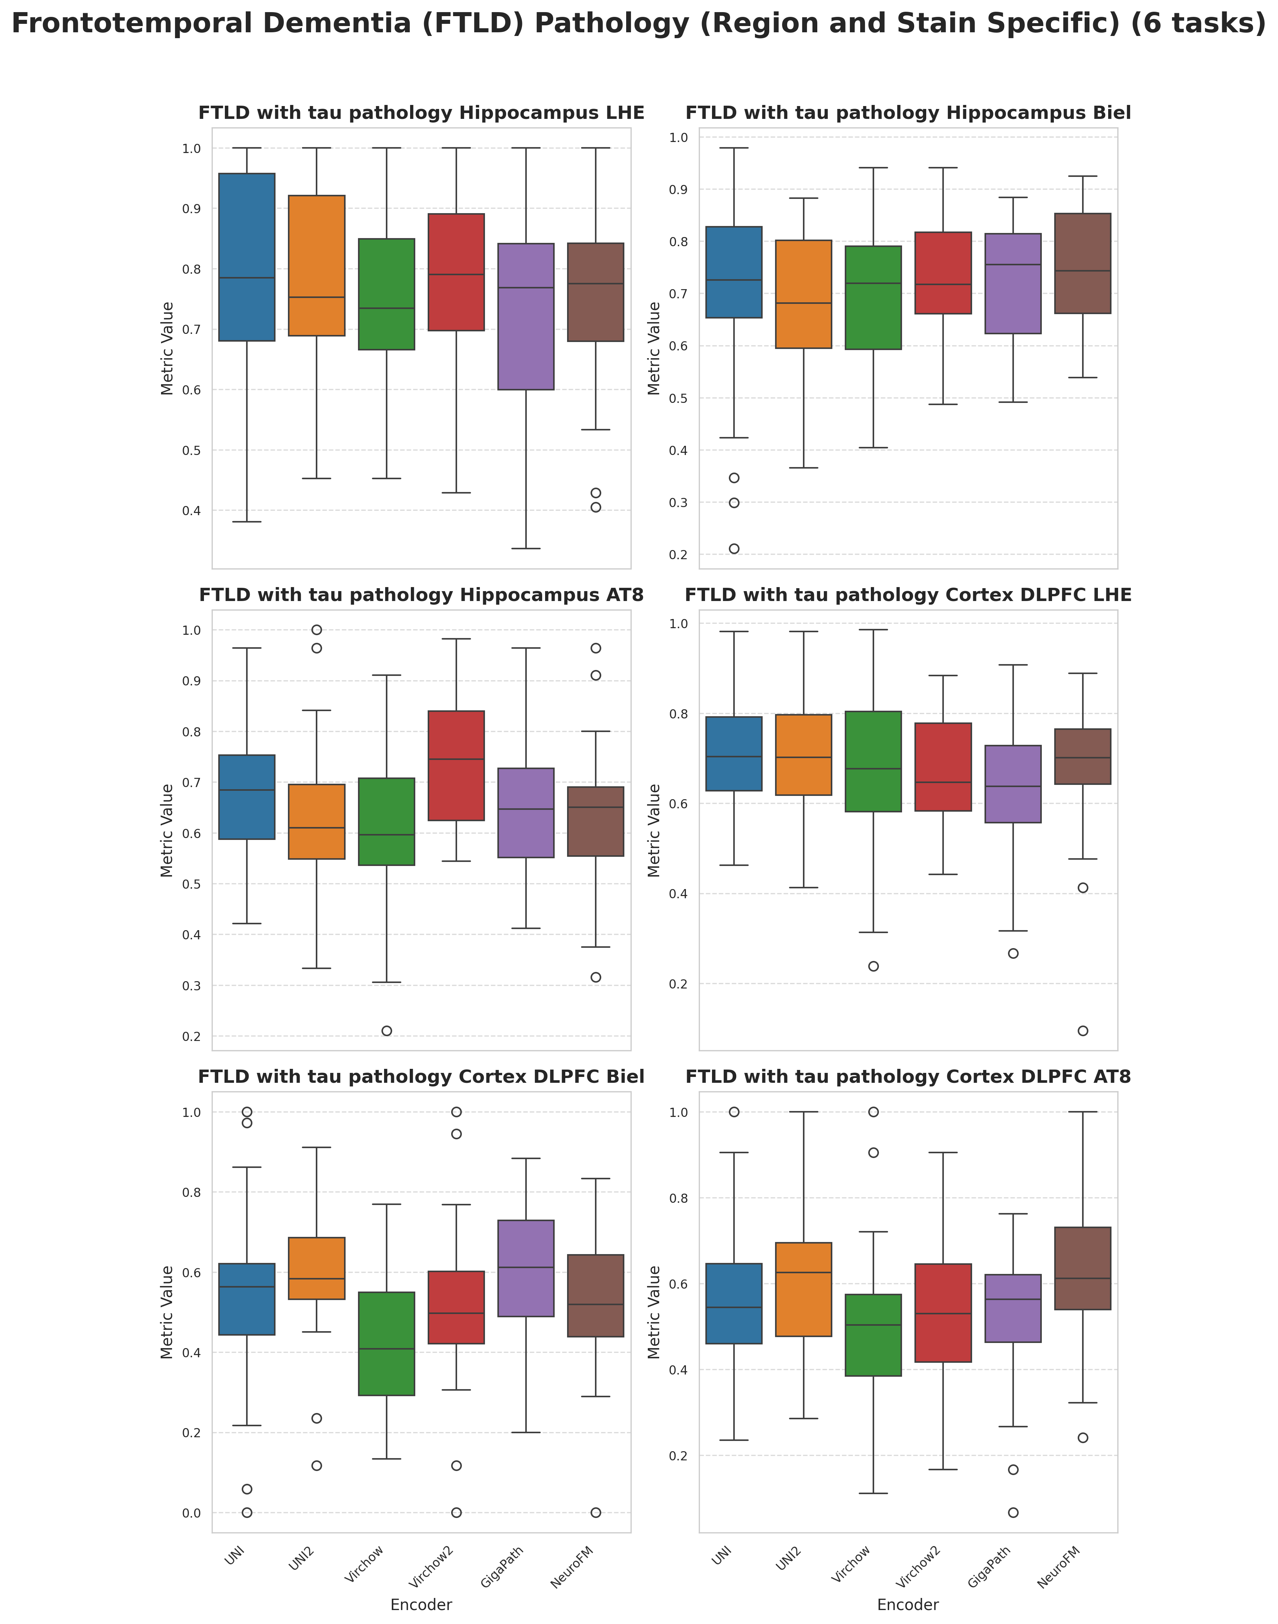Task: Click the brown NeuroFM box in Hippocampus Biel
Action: [x=1083, y=263]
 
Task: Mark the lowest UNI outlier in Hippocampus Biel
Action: [x=734, y=549]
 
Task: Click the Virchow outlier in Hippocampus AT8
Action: [x=387, y=1031]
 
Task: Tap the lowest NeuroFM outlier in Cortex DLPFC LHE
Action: [x=1083, y=1031]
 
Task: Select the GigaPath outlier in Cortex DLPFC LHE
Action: [x=1013, y=953]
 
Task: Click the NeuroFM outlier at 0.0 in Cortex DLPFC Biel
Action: [x=596, y=1512]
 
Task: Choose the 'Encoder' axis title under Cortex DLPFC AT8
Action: [x=908, y=1605]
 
